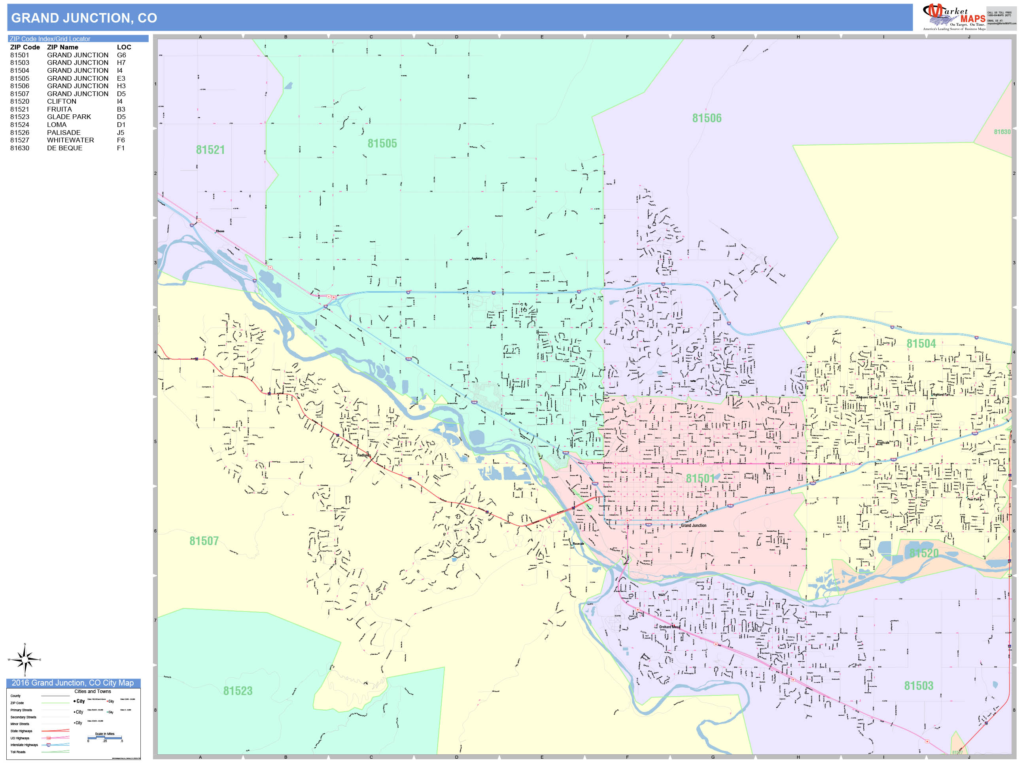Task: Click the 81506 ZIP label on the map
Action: click(x=707, y=118)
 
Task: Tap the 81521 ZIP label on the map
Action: click(x=210, y=150)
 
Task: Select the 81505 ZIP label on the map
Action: click(x=382, y=143)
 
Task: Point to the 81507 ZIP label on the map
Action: click(x=204, y=541)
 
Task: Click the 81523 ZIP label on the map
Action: click(x=238, y=691)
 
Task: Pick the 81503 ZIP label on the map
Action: click(x=918, y=686)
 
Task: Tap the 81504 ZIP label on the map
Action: click(x=921, y=343)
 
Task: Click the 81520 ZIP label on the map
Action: click(x=924, y=553)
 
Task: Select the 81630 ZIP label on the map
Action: click(x=1002, y=132)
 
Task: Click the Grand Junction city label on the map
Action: click(x=694, y=526)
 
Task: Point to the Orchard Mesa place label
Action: click(x=669, y=627)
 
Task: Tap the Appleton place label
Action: click(x=477, y=259)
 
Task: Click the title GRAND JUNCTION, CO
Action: click(x=84, y=18)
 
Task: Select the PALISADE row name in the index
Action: click(x=64, y=133)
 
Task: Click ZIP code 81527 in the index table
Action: click(x=19, y=140)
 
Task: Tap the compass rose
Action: click(x=25, y=659)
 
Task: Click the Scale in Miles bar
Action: click(x=105, y=737)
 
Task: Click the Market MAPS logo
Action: click(x=954, y=17)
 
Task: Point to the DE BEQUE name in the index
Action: click(x=64, y=148)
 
